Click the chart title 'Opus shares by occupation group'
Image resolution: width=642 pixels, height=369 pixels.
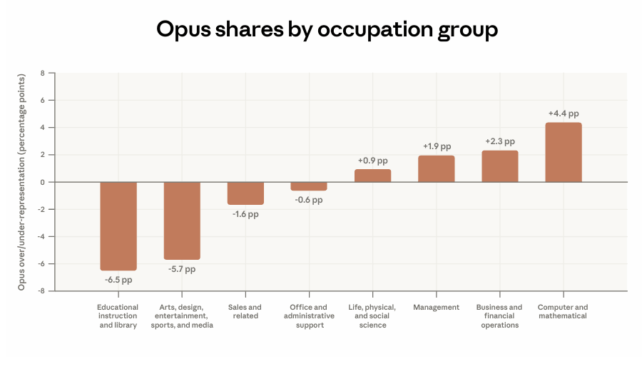327,30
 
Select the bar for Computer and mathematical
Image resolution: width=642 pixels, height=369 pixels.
564,152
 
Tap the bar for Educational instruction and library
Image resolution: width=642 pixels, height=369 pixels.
118,226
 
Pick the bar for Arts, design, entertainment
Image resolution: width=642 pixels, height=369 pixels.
182,221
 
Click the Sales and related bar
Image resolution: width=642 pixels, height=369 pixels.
245,193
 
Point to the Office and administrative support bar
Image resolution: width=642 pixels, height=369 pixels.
309,186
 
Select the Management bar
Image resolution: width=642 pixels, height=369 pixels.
436,169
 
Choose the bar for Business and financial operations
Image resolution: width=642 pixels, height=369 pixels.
500,166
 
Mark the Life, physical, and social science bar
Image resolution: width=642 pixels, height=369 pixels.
372,176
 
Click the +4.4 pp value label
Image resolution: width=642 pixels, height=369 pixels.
564,113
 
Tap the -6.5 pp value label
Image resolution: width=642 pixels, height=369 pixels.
118,280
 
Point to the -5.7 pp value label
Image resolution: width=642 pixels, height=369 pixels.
182,269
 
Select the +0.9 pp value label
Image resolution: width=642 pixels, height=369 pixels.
372,161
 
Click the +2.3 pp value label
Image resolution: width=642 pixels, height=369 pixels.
500,141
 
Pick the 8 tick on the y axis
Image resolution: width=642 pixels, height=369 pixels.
43,73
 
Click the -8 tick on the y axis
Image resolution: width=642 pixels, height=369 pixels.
41,291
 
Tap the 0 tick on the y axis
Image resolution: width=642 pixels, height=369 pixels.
43,182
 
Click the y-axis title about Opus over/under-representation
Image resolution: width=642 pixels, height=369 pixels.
23,182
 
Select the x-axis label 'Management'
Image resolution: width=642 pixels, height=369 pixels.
436,308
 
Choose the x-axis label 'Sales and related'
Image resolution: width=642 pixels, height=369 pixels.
245,312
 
